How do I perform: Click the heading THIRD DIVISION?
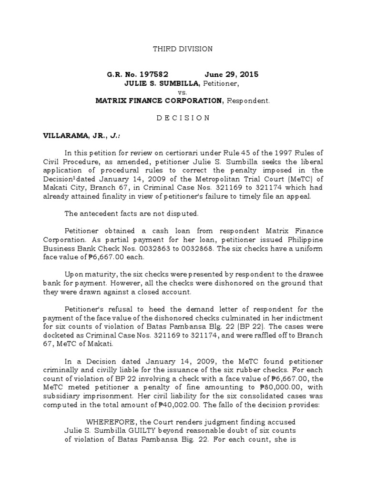pos(183,49)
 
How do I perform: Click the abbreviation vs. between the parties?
pos(183,92)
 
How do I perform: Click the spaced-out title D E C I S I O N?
pos(183,118)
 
